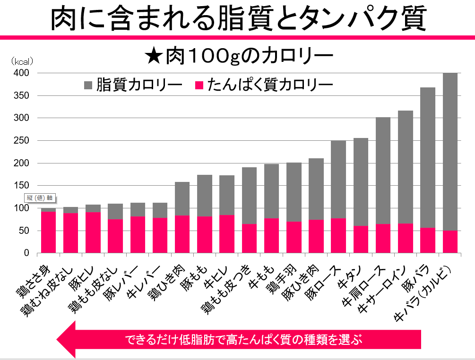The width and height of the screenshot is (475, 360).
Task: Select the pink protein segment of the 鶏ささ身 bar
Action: [x=48, y=232]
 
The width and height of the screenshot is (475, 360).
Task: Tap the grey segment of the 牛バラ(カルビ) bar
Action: [x=449, y=151]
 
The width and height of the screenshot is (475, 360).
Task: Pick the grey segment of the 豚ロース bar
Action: [x=338, y=179]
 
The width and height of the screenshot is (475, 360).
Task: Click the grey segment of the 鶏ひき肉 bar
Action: [x=182, y=198]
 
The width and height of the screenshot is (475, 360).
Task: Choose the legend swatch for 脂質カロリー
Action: [x=89, y=85]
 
